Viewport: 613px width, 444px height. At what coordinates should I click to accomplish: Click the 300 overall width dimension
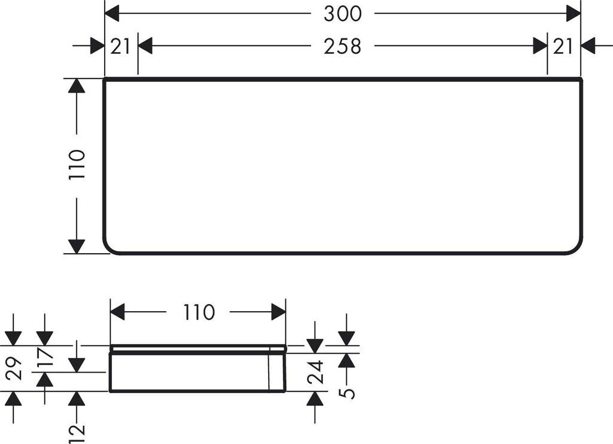pyautogui.click(x=342, y=13)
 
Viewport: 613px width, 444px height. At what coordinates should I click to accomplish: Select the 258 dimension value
pyautogui.click(x=342, y=45)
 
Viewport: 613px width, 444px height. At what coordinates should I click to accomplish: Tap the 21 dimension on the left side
pyautogui.click(x=120, y=45)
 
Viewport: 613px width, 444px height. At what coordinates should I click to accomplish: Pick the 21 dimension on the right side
pyautogui.click(x=563, y=45)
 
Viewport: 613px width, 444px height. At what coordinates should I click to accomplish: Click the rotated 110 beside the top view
pyautogui.click(x=77, y=165)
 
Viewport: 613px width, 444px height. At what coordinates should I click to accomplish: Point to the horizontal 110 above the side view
pyautogui.click(x=198, y=312)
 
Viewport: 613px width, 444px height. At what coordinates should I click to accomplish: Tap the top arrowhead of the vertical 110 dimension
pyautogui.click(x=76, y=86)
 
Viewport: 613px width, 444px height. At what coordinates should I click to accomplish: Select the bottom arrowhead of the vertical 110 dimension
pyautogui.click(x=76, y=246)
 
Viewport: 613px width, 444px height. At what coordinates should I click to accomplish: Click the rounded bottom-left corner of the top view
pyautogui.click(x=109, y=248)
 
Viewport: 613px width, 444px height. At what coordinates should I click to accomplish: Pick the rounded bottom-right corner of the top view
pyautogui.click(x=576, y=248)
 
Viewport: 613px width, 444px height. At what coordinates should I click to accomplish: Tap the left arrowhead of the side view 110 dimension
pyautogui.click(x=118, y=312)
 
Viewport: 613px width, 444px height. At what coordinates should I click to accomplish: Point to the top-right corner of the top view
pyautogui.click(x=580, y=79)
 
